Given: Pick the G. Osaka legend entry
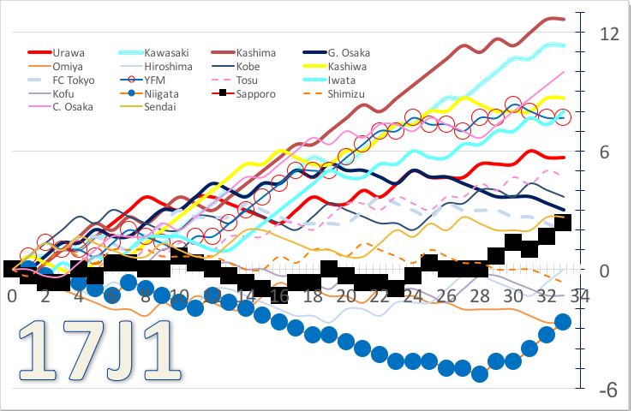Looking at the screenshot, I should point(348,53).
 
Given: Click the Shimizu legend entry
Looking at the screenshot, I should point(347,93).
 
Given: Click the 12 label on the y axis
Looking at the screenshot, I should point(609,34).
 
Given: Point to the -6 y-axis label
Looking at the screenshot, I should point(607,390).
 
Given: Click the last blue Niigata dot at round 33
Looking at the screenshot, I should point(563,322).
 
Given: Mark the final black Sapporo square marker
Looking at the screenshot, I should point(563,223).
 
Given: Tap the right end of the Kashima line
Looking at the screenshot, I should point(563,19).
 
